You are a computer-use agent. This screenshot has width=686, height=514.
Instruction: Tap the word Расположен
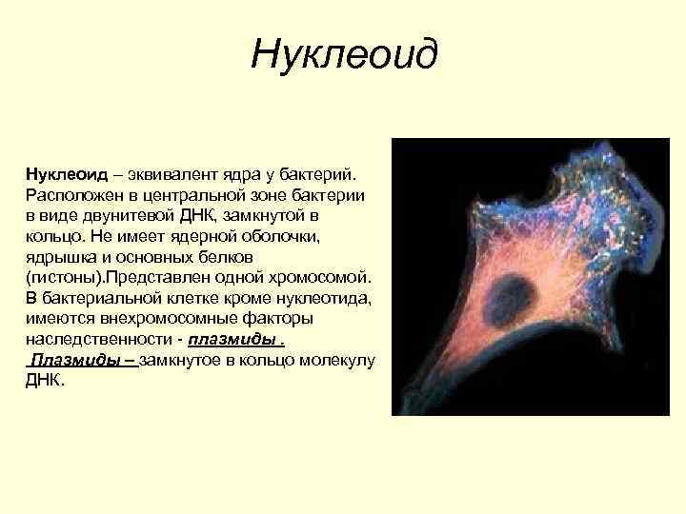pos(71,193)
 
